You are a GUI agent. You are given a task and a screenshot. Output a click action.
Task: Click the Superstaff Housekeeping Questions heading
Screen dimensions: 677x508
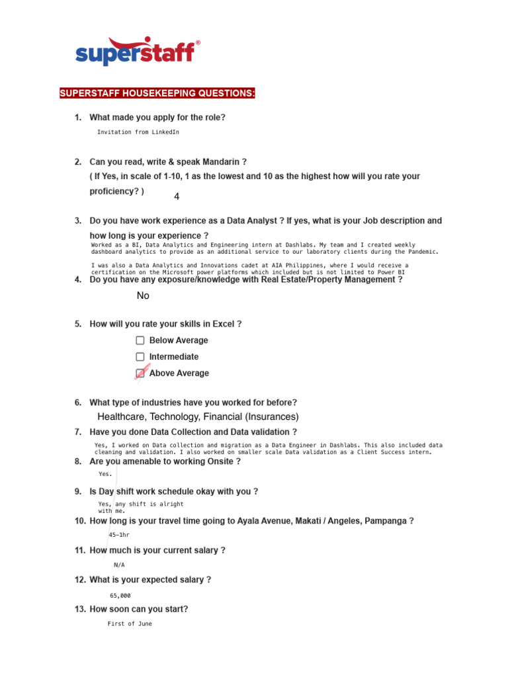(x=157, y=94)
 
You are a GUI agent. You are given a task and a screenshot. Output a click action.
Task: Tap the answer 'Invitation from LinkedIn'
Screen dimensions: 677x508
(x=138, y=132)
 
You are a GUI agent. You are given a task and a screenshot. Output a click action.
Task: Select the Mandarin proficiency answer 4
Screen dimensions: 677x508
(x=177, y=197)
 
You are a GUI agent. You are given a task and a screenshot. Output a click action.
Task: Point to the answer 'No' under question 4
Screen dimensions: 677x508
(x=143, y=296)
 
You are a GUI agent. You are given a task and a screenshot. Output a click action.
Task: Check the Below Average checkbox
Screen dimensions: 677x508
(x=140, y=340)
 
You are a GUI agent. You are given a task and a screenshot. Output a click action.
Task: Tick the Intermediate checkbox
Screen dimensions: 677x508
(x=140, y=357)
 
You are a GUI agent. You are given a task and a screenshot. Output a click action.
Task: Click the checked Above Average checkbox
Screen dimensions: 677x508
(x=140, y=374)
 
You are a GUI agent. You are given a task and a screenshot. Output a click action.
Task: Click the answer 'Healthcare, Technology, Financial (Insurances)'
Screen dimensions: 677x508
(x=198, y=417)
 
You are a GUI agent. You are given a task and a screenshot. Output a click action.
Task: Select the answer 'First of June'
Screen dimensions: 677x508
(x=130, y=623)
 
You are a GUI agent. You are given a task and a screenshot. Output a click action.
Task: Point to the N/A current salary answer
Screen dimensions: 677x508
(x=119, y=565)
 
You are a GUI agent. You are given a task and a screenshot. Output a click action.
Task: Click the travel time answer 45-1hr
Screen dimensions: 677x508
(x=119, y=535)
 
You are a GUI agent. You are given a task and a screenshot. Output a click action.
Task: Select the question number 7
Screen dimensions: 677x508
(x=77, y=432)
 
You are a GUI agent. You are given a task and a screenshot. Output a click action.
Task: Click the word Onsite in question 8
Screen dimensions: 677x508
(x=216, y=461)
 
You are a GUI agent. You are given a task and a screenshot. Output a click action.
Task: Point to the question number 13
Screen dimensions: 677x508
(x=79, y=610)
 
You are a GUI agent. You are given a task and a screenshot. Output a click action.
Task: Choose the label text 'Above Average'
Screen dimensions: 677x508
(x=179, y=374)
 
